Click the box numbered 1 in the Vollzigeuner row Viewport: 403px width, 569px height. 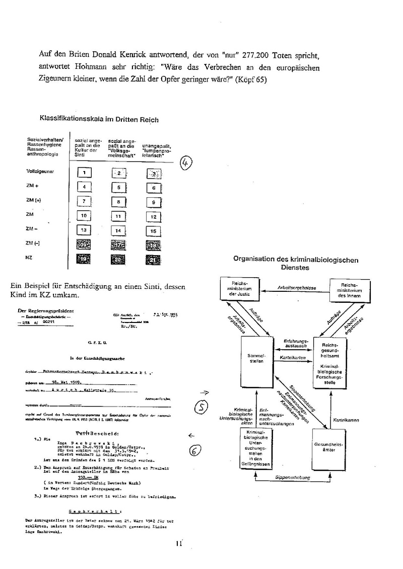[85, 174]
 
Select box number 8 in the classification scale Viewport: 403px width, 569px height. [118, 202]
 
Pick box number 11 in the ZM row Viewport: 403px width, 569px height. [118, 216]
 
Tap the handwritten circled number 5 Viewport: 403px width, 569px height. [200, 408]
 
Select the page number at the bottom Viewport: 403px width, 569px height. [178, 543]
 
